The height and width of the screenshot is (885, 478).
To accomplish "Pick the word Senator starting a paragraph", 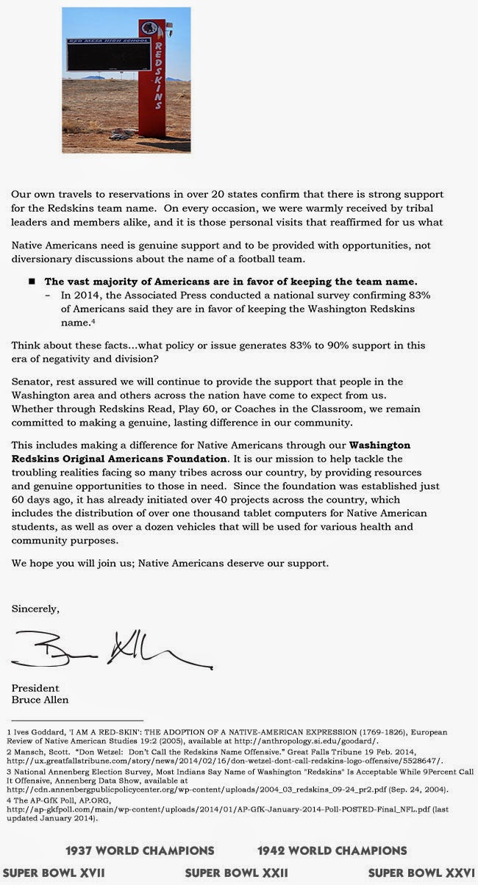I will (32, 381).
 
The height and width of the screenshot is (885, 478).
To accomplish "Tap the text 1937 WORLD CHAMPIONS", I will (140, 850).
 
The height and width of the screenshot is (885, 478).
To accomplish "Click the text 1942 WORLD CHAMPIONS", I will (332, 850).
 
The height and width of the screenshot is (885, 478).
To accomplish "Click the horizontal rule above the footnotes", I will (76, 720).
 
